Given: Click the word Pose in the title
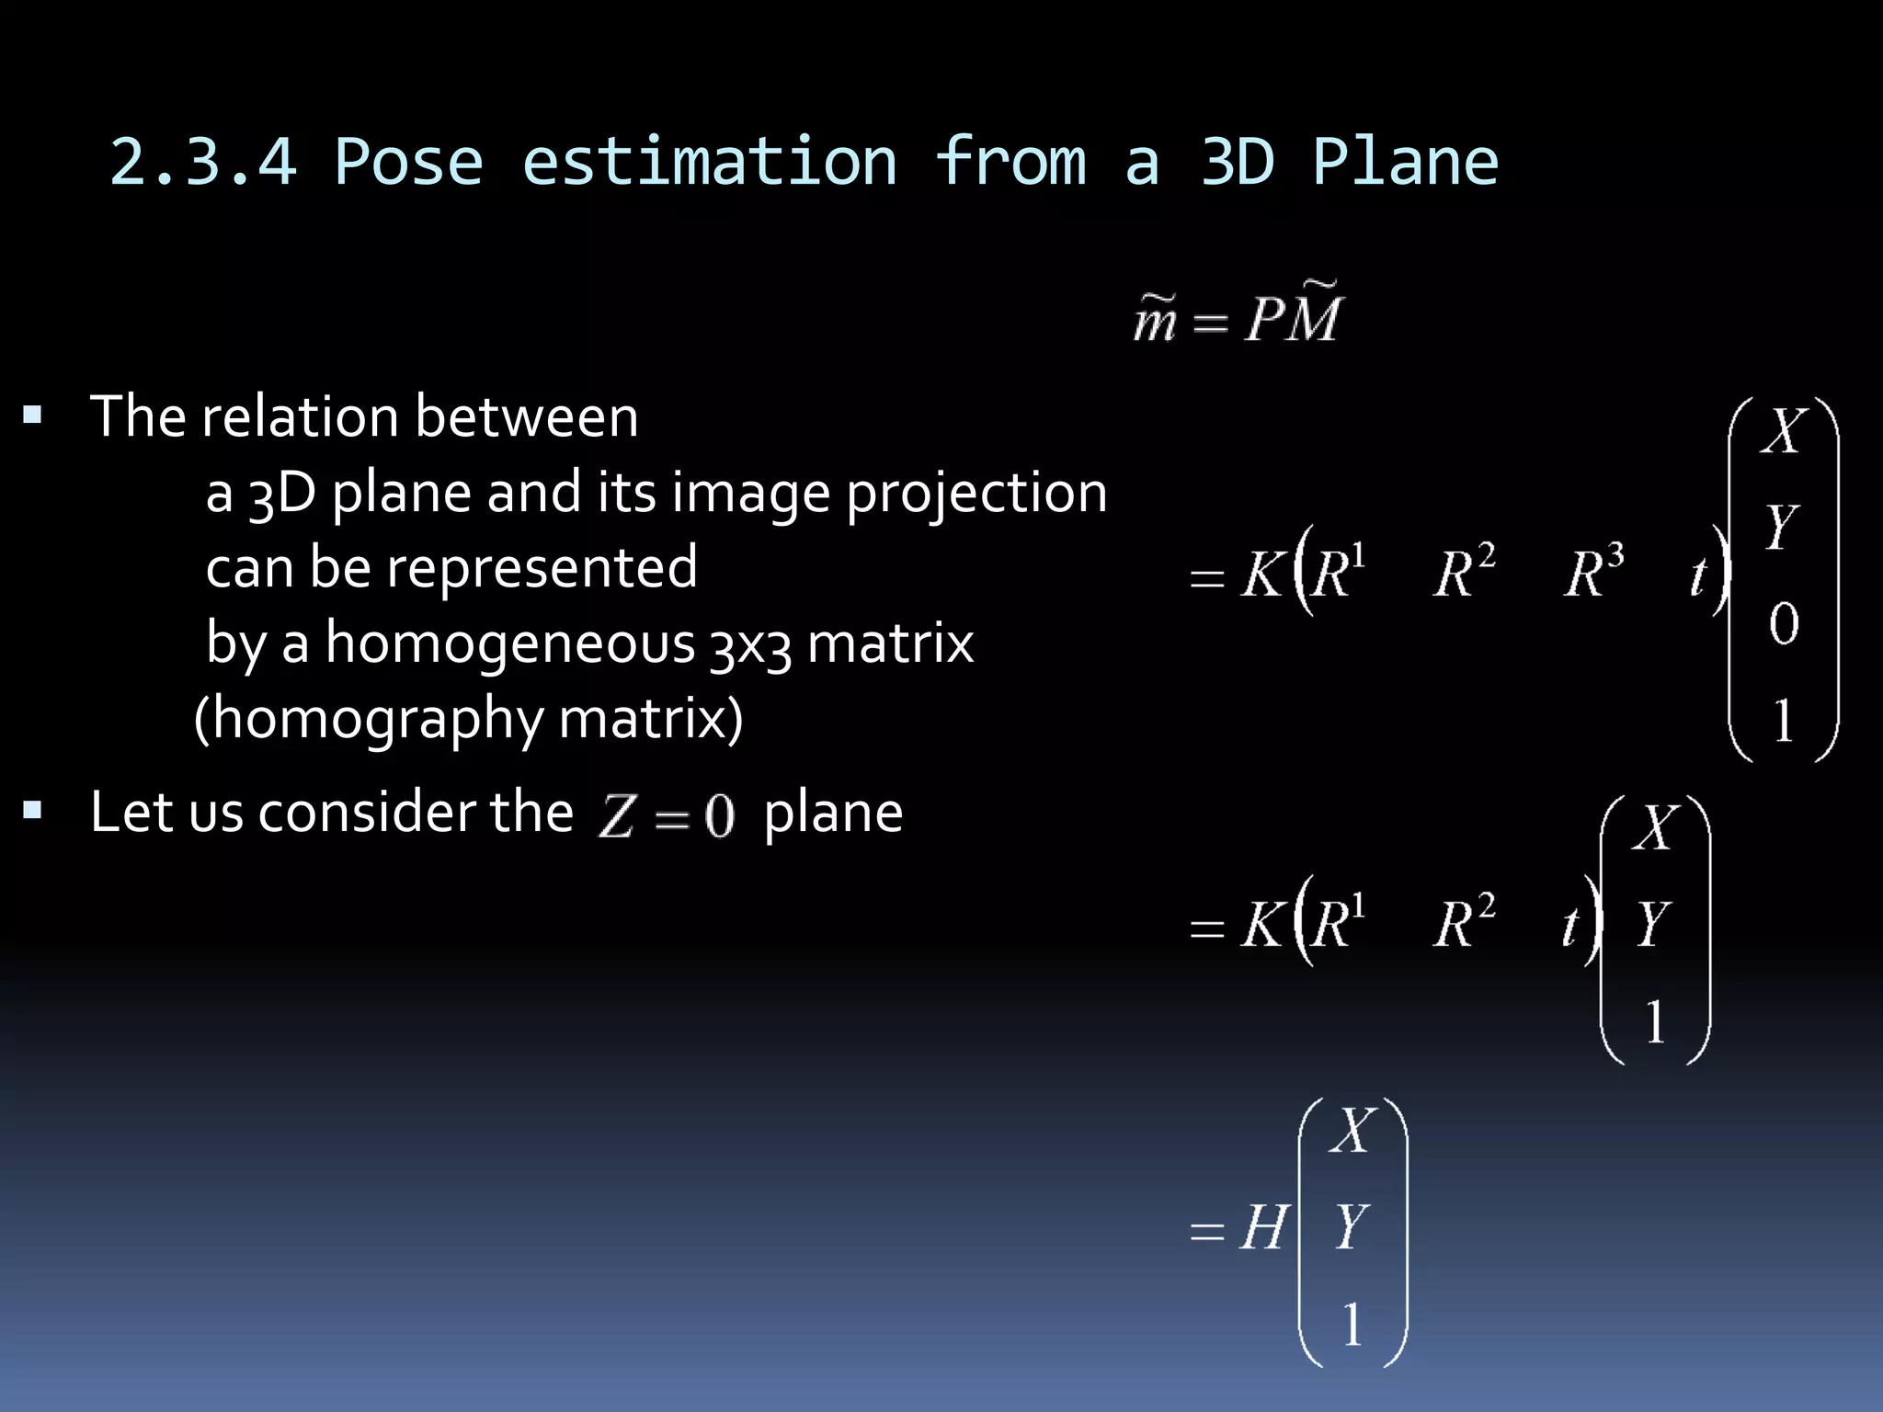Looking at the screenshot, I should (408, 163).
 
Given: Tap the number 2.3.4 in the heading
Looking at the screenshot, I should (203, 163).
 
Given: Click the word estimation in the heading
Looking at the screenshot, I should (709, 163).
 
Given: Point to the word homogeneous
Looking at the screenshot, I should (510, 643).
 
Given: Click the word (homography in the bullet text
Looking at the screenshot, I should (368, 719).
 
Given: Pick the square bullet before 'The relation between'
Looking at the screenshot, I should (33, 415).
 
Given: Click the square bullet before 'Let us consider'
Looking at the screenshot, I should (33, 811).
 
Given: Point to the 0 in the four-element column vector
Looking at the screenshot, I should (1784, 624).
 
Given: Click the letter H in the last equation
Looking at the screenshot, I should (1263, 1227).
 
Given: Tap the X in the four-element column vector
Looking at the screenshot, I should (1784, 429).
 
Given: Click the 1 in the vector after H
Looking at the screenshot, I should (1352, 1325).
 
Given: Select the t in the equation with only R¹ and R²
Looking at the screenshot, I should (1570, 926).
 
